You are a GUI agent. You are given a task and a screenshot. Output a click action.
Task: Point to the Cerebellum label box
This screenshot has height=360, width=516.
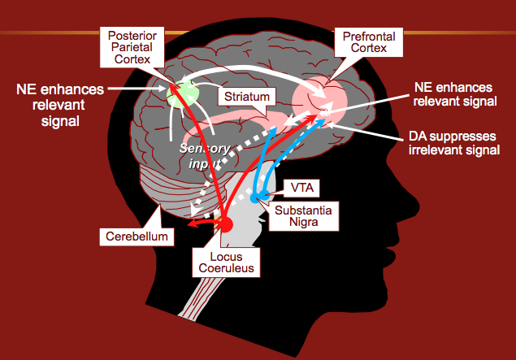tap(137, 236)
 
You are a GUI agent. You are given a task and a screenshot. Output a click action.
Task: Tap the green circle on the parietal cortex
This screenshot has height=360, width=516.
tap(182, 92)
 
